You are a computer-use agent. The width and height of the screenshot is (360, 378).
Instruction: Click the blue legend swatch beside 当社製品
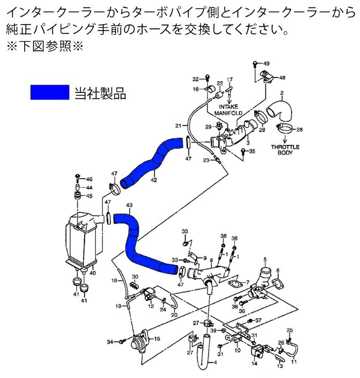(50, 93)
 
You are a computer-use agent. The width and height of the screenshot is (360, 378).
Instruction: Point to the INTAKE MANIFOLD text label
(228, 110)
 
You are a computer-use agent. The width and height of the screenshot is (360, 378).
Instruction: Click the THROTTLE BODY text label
(285, 150)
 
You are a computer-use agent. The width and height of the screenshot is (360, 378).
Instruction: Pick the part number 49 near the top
(266, 64)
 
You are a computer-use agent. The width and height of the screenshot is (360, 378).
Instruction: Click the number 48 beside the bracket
(282, 78)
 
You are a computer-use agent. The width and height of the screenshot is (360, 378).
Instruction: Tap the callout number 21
(178, 126)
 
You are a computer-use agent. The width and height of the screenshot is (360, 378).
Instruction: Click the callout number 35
(252, 152)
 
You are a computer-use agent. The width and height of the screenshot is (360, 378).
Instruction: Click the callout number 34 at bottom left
(110, 341)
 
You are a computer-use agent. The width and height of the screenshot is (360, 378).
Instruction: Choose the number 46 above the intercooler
(89, 179)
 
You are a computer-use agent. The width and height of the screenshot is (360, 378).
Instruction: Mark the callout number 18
(114, 280)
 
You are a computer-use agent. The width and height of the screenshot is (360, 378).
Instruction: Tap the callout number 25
(290, 330)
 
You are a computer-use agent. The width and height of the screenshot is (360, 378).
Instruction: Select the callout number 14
(255, 364)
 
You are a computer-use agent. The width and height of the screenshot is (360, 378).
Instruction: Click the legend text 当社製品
(101, 94)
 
